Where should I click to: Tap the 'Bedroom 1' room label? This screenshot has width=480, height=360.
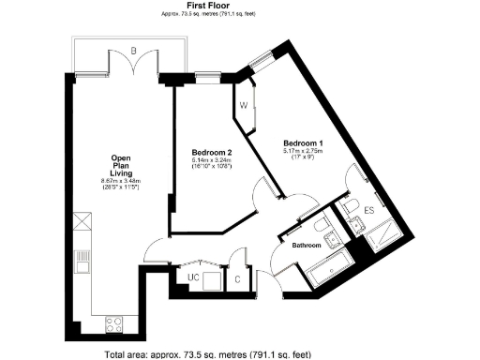pos(302,142)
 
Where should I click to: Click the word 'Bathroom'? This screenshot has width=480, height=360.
pos(307,245)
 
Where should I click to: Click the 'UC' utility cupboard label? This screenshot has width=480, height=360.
pos(194,278)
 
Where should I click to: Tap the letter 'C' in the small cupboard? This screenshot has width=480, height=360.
pos(238,278)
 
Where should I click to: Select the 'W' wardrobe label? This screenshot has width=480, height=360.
pos(244,105)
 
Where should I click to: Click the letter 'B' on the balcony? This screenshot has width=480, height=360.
pos(134,49)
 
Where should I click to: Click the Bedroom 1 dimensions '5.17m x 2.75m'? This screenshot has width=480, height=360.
pos(302,151)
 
